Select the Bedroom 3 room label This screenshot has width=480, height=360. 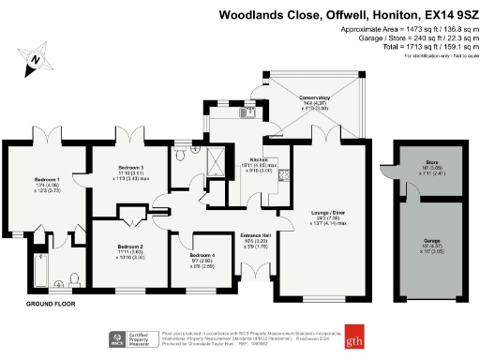[129, 148]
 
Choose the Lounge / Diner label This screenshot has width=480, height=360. [322, 214]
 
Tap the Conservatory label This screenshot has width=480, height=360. [315, 97]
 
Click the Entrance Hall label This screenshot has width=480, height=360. [257, 235]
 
